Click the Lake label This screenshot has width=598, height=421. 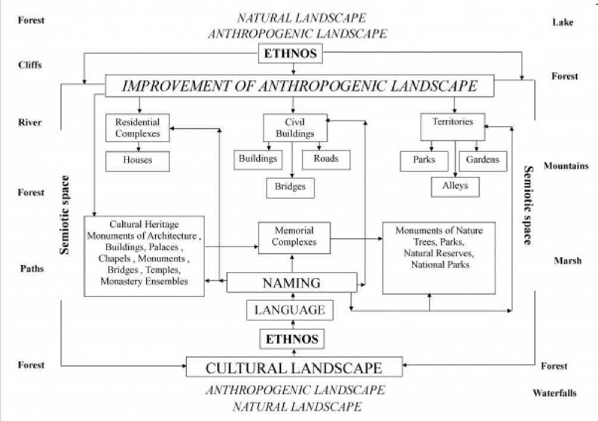[562, 23]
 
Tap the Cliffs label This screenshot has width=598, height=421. [30, 65]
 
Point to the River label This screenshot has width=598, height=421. [30, 123]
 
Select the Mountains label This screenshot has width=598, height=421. [566, 166]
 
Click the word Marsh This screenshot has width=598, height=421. [566, 261]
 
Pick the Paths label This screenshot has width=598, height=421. [31, 269]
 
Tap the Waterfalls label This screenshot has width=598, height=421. [555, 393]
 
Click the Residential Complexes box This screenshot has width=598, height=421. [138, 127]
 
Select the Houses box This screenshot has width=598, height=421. [138, 160]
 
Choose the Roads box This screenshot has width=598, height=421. [326, 159]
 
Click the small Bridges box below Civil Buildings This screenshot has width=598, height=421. [290, 187]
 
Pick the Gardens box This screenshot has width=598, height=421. [482, 160]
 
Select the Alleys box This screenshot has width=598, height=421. [455, 186]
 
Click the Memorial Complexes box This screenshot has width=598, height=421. [295, 236]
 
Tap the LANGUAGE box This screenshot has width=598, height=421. [289, 310]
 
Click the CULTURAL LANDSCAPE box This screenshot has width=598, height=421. [294, 367]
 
